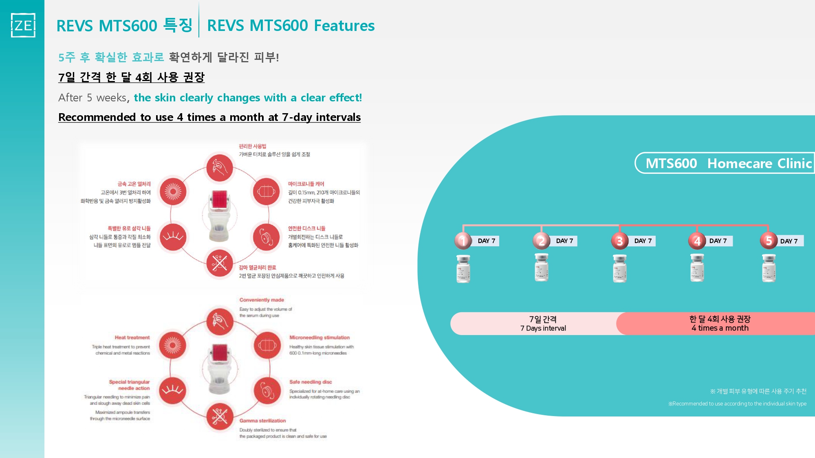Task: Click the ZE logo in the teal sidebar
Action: tap(23, 25)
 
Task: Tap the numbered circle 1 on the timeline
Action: tap(463, 241)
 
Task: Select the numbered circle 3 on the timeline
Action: tap(619, 241)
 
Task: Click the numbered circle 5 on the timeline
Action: tap(769, 241)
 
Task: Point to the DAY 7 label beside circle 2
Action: tap(564, 241)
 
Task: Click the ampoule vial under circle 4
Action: tap(697, 268)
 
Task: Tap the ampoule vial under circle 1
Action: tap(463, 269)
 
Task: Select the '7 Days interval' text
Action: tap(543, 328)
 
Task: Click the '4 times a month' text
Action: tap(720, 328)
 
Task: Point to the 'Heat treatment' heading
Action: tap(132, 337)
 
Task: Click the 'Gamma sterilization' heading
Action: tap(262, 421)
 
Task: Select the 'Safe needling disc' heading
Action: tap(311, 382)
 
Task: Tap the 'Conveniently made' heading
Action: tap(262, 300)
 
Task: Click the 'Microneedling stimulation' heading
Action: tap(319, 337)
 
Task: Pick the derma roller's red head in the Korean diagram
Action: tap(219, 199)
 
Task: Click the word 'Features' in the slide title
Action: tap(344, 26)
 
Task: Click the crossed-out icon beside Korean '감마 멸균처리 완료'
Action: tap(219, 263)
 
